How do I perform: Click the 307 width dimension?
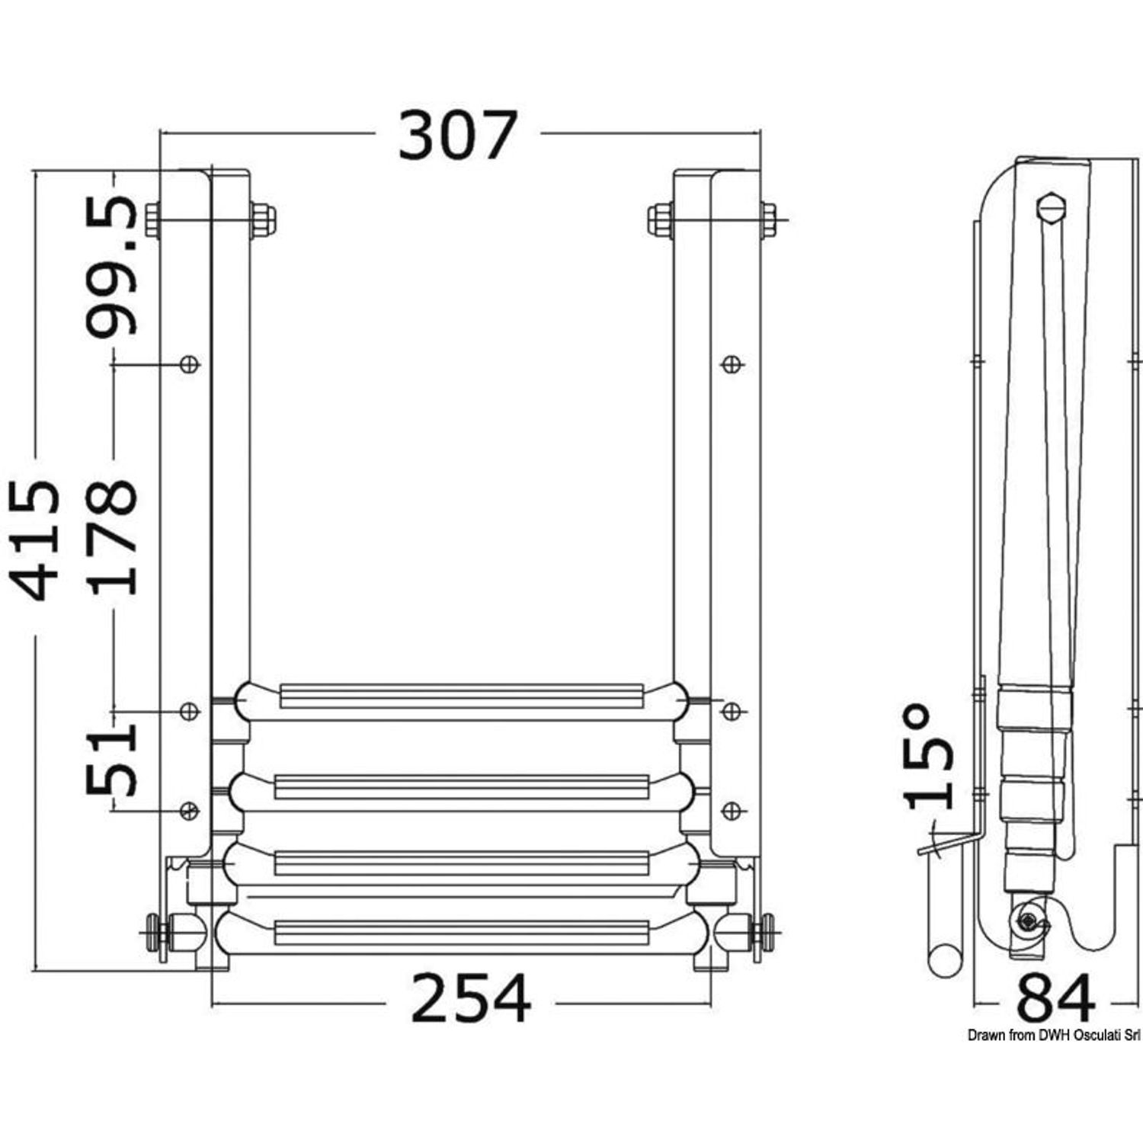458,136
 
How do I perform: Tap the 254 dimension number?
470,998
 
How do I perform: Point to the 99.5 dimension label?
112,266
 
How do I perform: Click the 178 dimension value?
112,536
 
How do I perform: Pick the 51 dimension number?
112,760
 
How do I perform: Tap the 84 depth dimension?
1056,999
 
